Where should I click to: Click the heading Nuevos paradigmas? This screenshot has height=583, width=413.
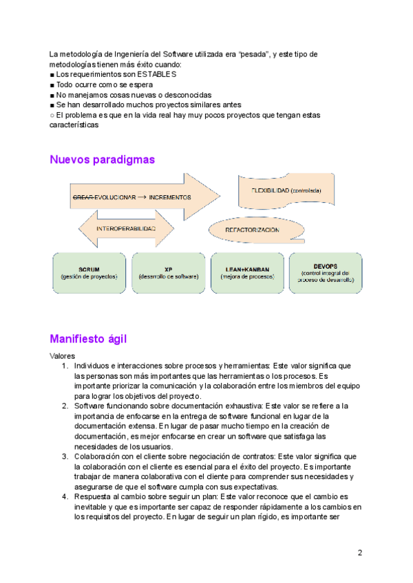click(x=102, y=159)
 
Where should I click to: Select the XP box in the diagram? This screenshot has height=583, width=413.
click(x=168, y=273)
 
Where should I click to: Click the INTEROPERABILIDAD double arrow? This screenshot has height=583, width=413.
click(x=126, y=228)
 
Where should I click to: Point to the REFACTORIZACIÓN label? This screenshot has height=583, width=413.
click(x=253, y=230)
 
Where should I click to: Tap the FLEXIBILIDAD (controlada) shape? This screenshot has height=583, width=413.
click(x=286, y=190)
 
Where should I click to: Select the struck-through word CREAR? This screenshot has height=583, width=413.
click(x=83, y=197)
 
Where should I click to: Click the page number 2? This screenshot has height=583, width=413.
click(x=360, y=552)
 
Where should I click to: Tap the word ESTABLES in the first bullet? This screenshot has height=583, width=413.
click(x=156, y=74)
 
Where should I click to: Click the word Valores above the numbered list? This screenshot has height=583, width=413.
click(x=63, y=356)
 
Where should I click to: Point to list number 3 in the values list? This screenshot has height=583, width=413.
click(x=65, y=456)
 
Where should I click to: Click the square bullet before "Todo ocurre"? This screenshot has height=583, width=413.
click(x=52, y=85)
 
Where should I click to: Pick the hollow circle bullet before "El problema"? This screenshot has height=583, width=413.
click(x=52, y=115)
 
